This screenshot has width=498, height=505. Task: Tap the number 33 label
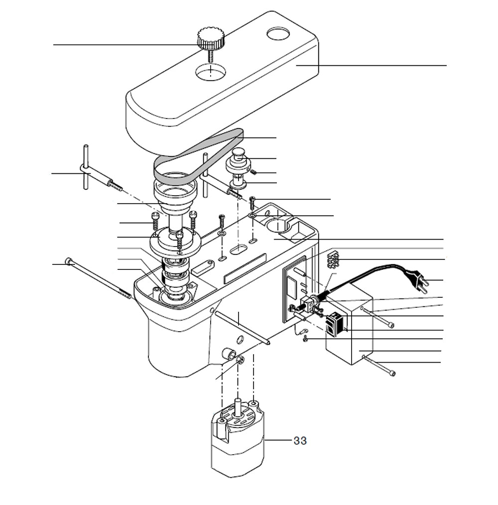click(x=300, y=441)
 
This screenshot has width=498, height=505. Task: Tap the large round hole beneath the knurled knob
click(x=211, y=72)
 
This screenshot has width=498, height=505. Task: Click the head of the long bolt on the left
click(x=69, y=261)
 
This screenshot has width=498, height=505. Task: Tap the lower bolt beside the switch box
click(x=381, y=367)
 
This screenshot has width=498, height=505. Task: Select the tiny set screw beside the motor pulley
click(x=253, y=172)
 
